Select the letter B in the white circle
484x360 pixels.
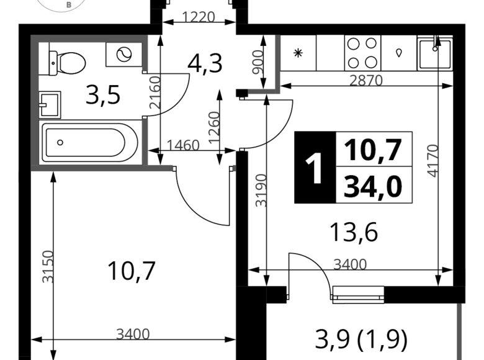point(68,5)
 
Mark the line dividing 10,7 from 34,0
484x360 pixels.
point(374,167)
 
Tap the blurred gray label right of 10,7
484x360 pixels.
point(430,158)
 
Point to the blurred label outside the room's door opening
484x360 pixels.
point(156,92)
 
